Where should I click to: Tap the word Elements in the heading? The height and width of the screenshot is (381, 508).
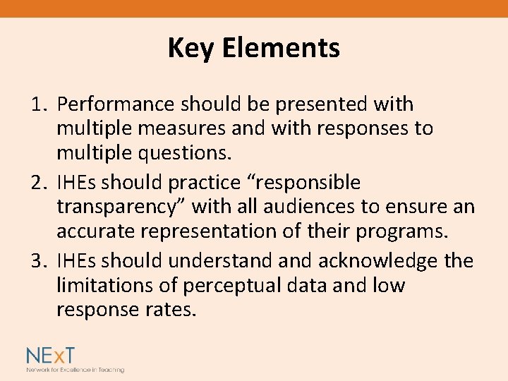281,49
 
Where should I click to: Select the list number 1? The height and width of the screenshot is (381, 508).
38,104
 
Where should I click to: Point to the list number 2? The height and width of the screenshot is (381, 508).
38,183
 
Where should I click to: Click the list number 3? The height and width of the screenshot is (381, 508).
38,261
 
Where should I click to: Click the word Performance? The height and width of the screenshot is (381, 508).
116,104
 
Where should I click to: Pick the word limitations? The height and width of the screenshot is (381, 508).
106,286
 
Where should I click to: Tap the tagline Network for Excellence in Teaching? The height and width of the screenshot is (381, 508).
75,370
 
